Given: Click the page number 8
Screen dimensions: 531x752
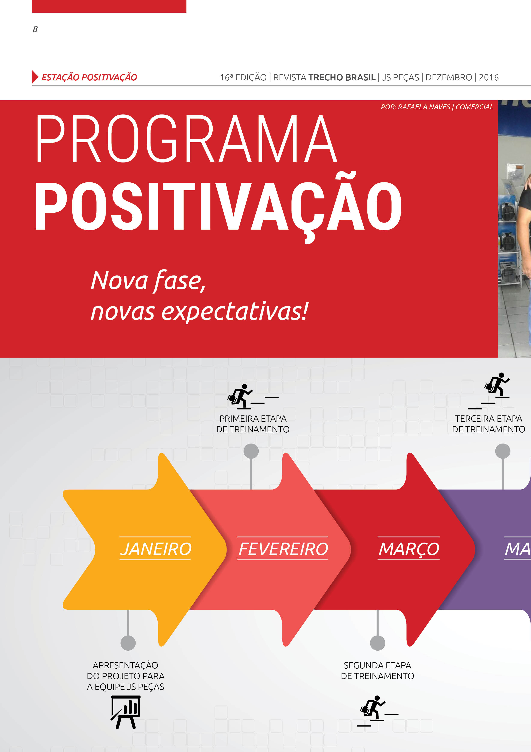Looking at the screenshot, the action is click(35, 29).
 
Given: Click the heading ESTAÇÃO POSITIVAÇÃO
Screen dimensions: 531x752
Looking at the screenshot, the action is click(89, 77).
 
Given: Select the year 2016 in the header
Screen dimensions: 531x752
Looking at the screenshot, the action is click(489, 77).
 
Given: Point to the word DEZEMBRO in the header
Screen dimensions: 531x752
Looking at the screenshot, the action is click(449, 77).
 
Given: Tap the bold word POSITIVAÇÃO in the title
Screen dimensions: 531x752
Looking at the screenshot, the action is click(218, 206).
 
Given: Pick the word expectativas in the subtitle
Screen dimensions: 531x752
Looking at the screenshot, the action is click(235, 311).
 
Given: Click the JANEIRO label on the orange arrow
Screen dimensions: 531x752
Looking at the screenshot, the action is click(155, 549).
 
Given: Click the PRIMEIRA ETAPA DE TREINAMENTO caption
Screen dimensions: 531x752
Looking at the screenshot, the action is click(253, 424).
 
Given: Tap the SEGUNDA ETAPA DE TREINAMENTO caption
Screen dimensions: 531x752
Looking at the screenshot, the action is click(377, 671).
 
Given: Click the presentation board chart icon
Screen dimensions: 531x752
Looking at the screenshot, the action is click(126, 712).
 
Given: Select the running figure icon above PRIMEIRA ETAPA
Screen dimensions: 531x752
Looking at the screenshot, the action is click(253, 397).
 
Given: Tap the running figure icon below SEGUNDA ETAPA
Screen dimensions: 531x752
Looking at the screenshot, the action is click(377, 710).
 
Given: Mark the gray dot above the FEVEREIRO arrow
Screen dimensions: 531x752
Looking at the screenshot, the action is click(251, 451).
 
